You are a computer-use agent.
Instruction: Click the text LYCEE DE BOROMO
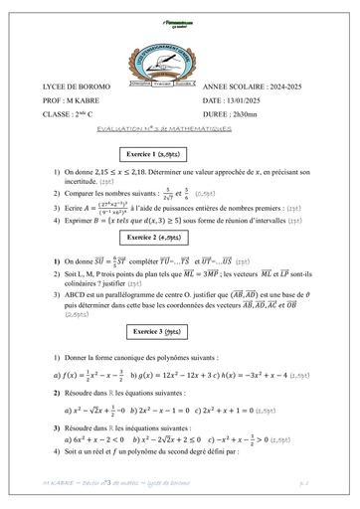pyautogui.click(x=77, y=87)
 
